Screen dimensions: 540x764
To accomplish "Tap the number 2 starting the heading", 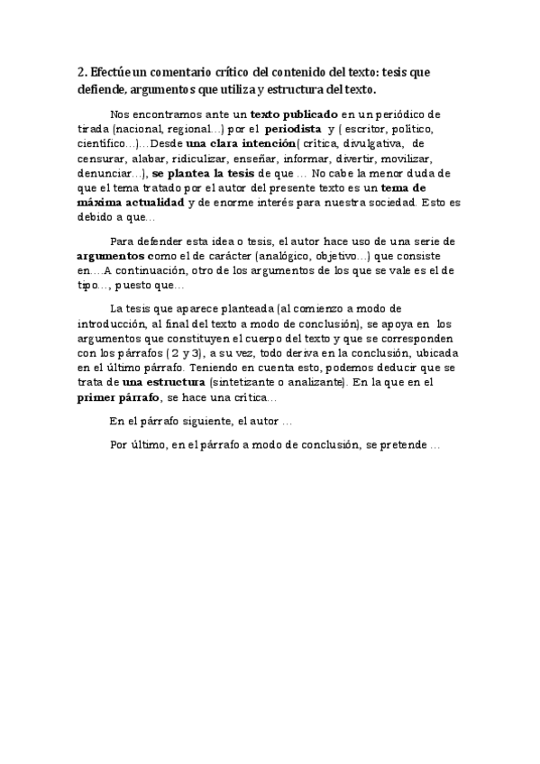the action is pos(79,73).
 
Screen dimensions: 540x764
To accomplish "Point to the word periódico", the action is pos(414,114).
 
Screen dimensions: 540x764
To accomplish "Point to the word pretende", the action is pos(408,445).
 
